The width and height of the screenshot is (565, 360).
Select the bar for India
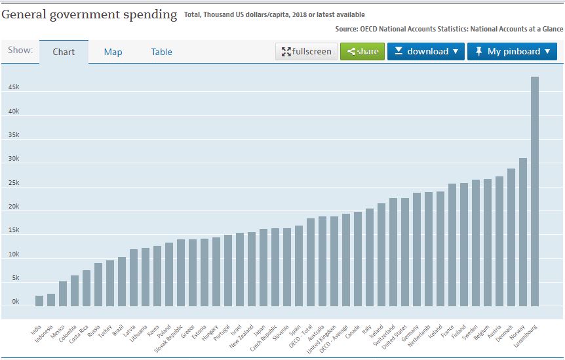pyautogui.click(x=39, y=301)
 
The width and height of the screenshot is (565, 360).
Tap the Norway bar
pyautogui.click(x=522, y=232)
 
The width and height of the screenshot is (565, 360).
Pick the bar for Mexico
pyautogui.click(x=63, y=294)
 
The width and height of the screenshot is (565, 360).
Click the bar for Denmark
pyautogui.click(x=511, y=237)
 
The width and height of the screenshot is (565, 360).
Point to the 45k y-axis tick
pyautogui.click(x=14, y=87)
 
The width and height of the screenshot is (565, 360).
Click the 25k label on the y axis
pyautogui.click(x=14, y=183)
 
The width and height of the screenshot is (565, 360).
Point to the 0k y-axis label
pyautogui.click(x=14, y=302)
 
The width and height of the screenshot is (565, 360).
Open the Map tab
pyautogui.click(x=113, y=52)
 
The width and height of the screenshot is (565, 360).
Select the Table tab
pyautogui.click(x=161, y=52)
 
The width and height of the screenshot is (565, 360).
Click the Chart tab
pyautogui.click(x=64, y=52)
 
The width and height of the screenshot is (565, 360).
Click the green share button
pyautogui.click(x=362, y=51)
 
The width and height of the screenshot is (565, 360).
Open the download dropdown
pyautogui.click(x=425, y=51)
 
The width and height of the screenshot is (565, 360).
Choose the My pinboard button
pyautogui.click(x=512, y=51)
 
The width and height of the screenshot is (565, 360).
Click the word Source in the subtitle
pyautogui.click(x=346, y=29)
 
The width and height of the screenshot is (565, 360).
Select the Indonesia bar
pyautogui.click(x=51, y=300)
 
